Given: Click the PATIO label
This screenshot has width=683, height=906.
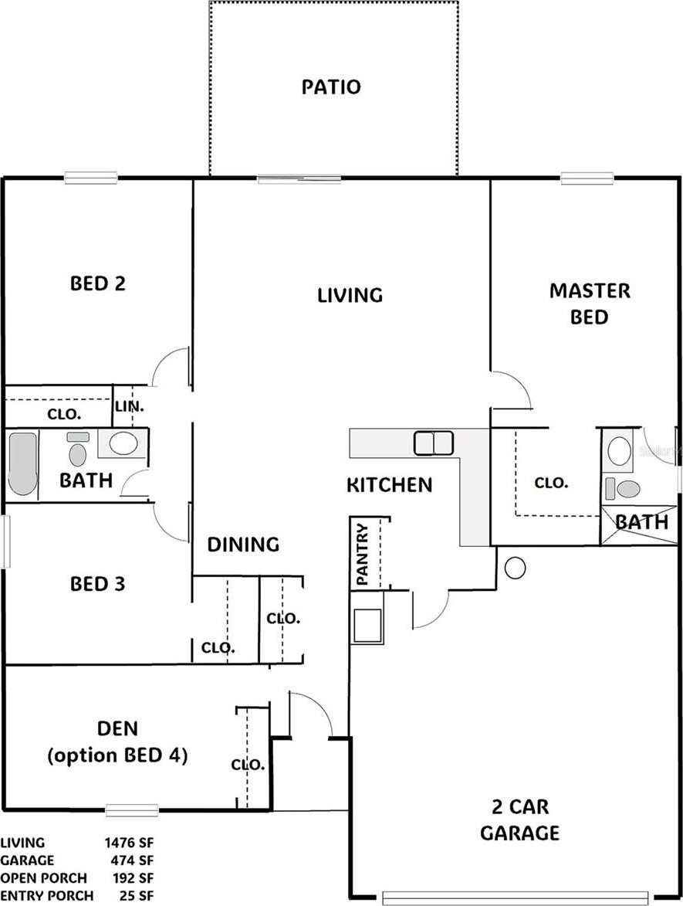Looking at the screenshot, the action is pyautogui.click(x=331, y=87).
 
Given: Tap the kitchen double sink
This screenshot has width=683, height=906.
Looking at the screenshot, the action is pyautogui.click(x=433, y=443).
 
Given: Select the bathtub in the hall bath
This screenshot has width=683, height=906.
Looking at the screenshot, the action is pyautogui.click(x=23, y=463).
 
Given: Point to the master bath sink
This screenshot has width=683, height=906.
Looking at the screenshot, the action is pyautogui.click(x=619, y=451).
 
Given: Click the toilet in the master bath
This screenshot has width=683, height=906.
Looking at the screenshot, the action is pyautogui.click(x=623, y=490).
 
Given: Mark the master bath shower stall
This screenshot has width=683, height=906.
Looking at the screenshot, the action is pyautogui.click(x=638, y=525).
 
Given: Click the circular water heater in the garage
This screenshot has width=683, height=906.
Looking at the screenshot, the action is pyautogui.click(x=515, y=568).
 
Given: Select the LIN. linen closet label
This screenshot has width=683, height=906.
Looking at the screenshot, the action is pyautogui.click(x=130, y=406).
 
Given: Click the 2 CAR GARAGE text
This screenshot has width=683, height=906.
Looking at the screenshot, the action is pyautogui.click(x=519, y=819).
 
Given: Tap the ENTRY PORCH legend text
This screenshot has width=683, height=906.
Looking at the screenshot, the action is pyautogui.click(x=47, y=895).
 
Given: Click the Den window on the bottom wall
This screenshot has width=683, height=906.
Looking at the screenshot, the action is pyautogui.click(x=132, y=811).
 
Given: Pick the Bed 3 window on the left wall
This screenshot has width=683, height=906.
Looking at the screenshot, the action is pyautogui.click(x=5, y=541).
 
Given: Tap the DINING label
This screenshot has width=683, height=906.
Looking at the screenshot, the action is pyautogui.click(x=243, y=545).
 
